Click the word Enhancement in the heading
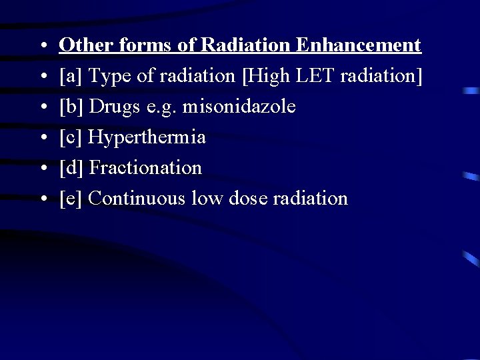pos(359,45)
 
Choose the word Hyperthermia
pos(147,137)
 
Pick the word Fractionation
pos(145,168)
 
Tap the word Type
pos(109,76)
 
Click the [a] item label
pos(70,76)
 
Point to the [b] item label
pos(71,107)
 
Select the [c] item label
pos(70,137)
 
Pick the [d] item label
pos(71,168)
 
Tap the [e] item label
pos(70,199)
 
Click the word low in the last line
pos(207,199)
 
